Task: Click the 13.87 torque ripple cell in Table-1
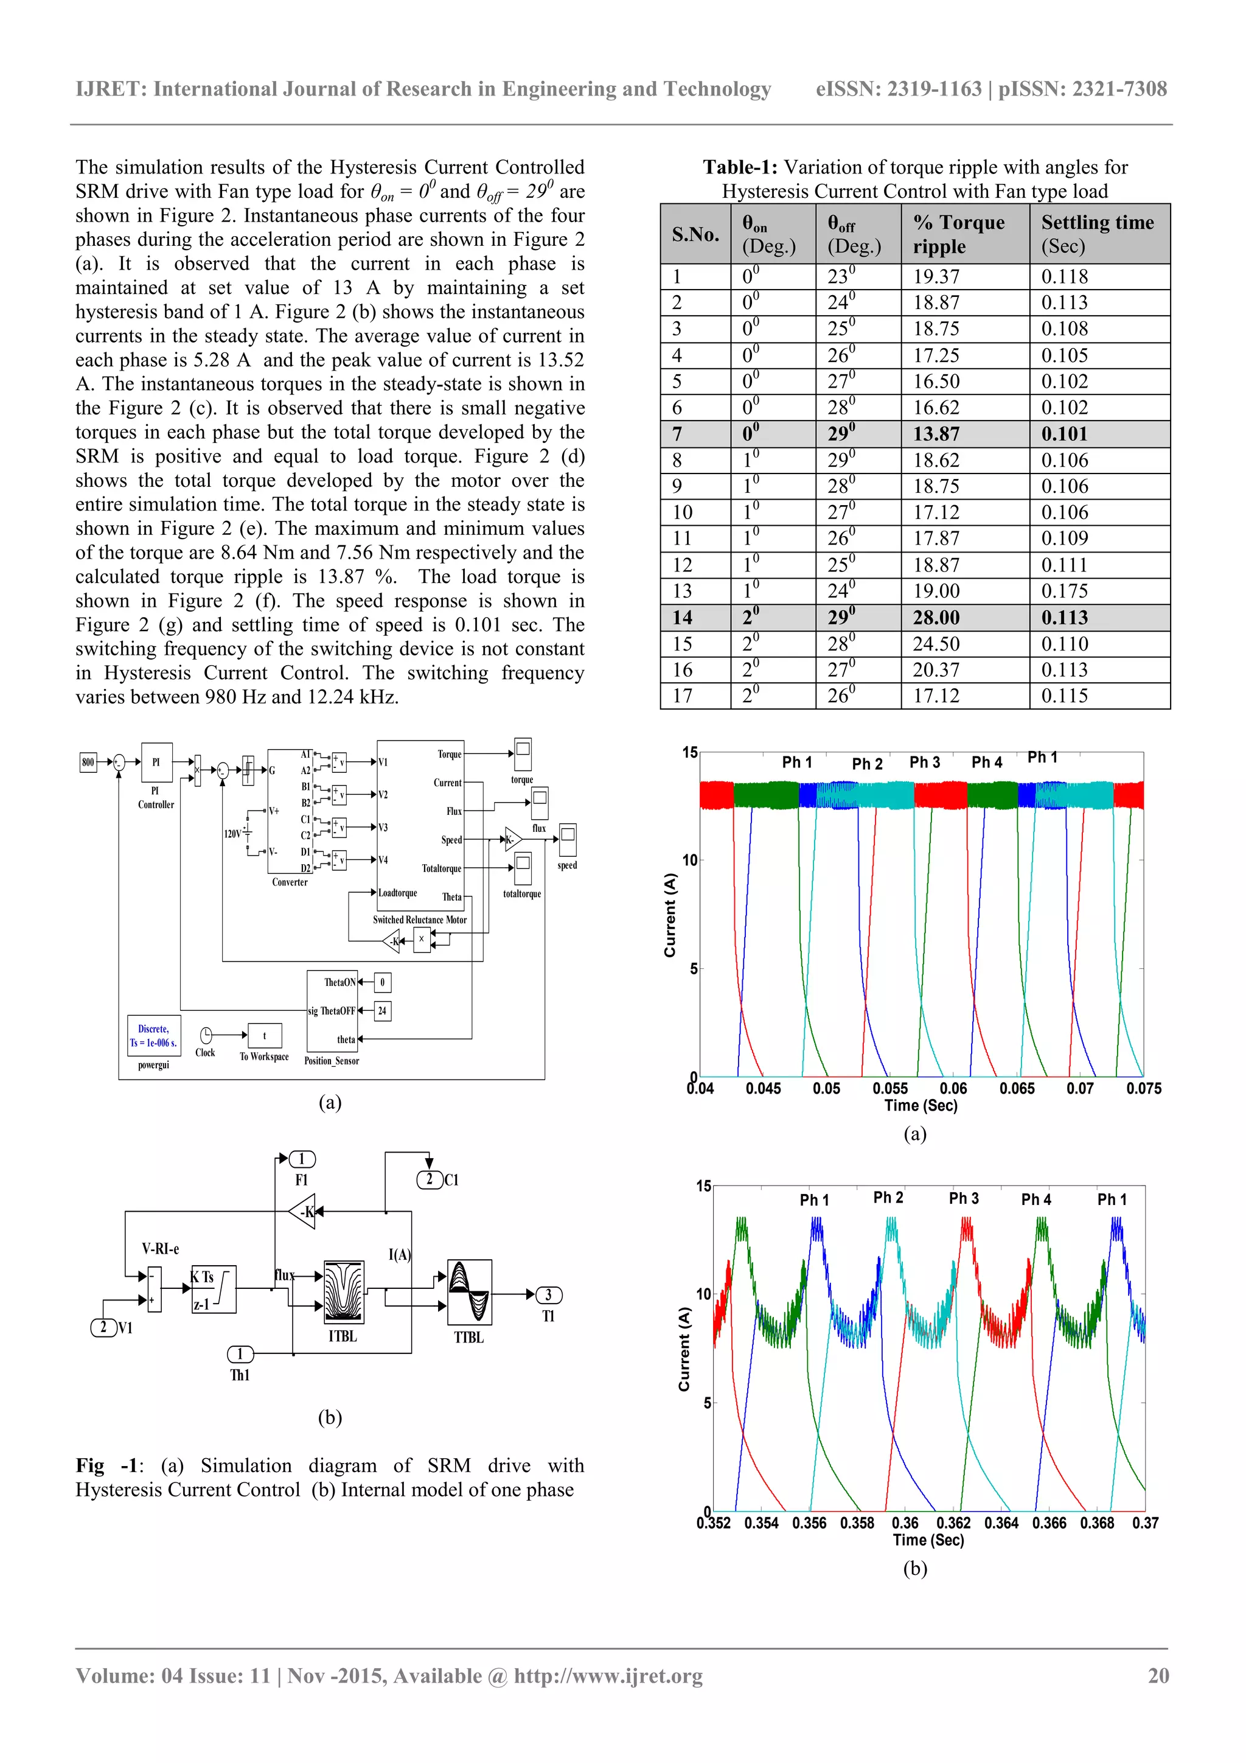click(x=936, y=434)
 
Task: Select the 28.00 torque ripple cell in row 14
click(x=936, y=617)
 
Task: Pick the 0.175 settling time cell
click(x=1064, y=592)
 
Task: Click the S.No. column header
click(x=695, y=234)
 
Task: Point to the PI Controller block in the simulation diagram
click(x=156, y=763)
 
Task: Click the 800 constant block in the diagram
click(x=88, y=763)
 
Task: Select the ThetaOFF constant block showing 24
click(x=382, y=1010)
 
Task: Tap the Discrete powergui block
click(x=153, y=1036)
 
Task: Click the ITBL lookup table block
click(x=343, y=1293)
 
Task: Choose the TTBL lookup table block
click(x=469, y=1293)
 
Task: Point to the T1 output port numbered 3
click(x=548, y=1294)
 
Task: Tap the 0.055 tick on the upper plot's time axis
click(x=889, y=1089)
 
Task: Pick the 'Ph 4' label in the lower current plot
click(x=1035, y=1199)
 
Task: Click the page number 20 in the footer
click(x=1158, y=1675)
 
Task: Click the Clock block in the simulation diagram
click(x=206, y=1036)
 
